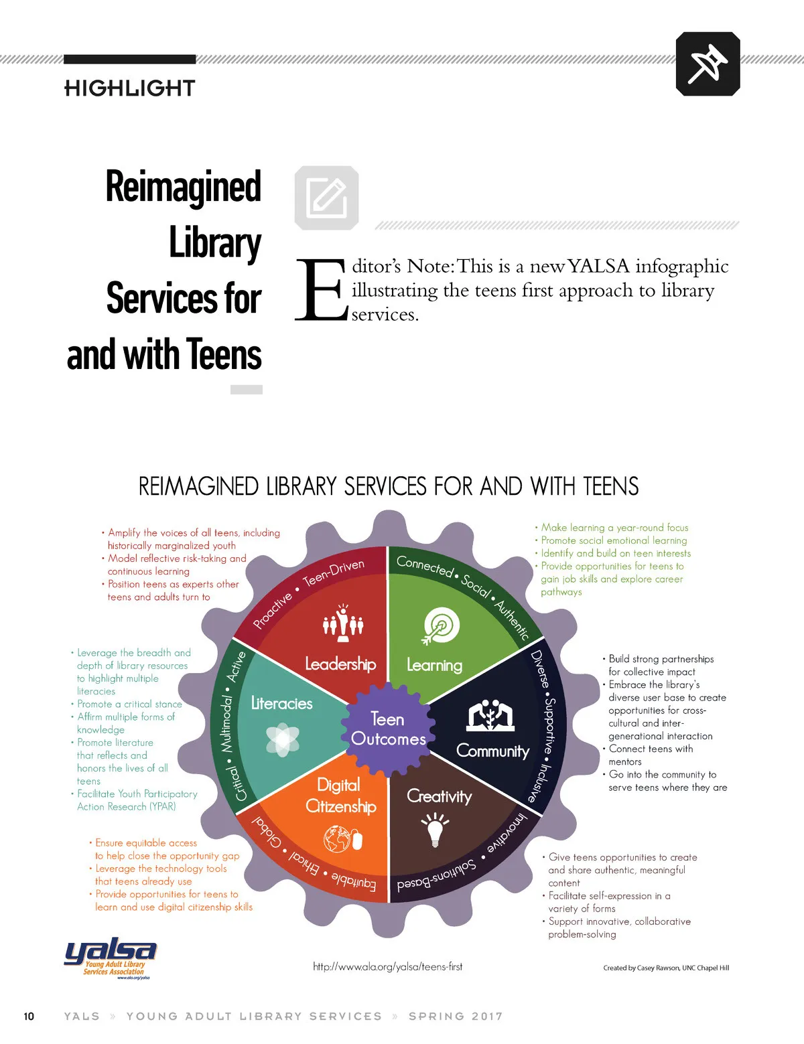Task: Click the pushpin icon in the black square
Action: coord(708,64)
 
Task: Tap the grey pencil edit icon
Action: coord(326,198)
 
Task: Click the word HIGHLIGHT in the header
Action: coord(130,88)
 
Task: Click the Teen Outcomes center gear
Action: coord(388,729)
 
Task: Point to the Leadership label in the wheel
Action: coord(340,664)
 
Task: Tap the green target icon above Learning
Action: coord(441,626)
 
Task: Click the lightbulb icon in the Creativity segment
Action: coord(435,828)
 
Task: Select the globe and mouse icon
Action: coord(342,838)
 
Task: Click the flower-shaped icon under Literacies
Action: coord(283,739)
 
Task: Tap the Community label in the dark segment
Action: coord(492,751)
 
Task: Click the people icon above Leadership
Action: coord(343,621)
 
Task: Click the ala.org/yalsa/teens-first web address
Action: coord(388,966)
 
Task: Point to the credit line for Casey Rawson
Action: coord(665,968)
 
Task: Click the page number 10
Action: coord(29,1016)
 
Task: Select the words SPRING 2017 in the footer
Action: coord(456,1016)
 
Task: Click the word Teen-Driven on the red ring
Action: coord(334,573)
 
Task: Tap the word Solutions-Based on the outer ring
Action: coord(436,875)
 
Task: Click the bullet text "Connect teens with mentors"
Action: coord(650,755)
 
